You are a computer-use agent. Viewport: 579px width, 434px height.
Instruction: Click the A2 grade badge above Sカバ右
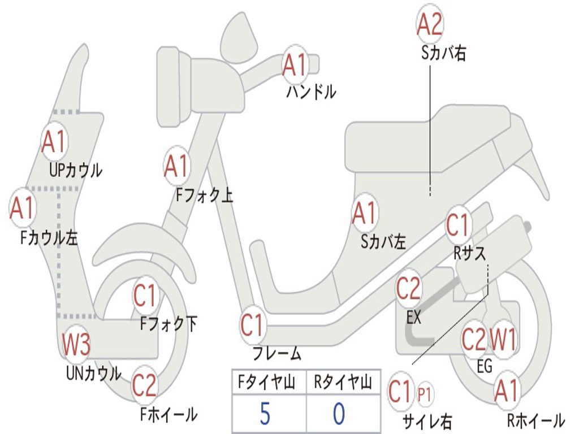[x=429, y=24]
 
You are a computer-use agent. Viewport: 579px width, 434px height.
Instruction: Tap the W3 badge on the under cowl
[x=76, y=345]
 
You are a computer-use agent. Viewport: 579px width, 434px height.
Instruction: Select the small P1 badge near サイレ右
[x=424, y=393]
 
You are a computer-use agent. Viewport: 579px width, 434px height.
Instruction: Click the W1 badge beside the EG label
[x=503, y=340]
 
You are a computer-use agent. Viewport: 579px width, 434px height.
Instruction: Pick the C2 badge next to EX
[x=408, y=289]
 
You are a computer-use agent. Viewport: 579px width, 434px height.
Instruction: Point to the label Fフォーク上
[x=204, y=195]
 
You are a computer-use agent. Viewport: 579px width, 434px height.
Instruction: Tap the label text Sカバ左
[x=383, y=242]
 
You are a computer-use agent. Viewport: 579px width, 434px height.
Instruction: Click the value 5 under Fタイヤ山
[x=265, y=414]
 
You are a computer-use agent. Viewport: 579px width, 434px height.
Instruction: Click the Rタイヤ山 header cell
[x=343, y=384]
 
